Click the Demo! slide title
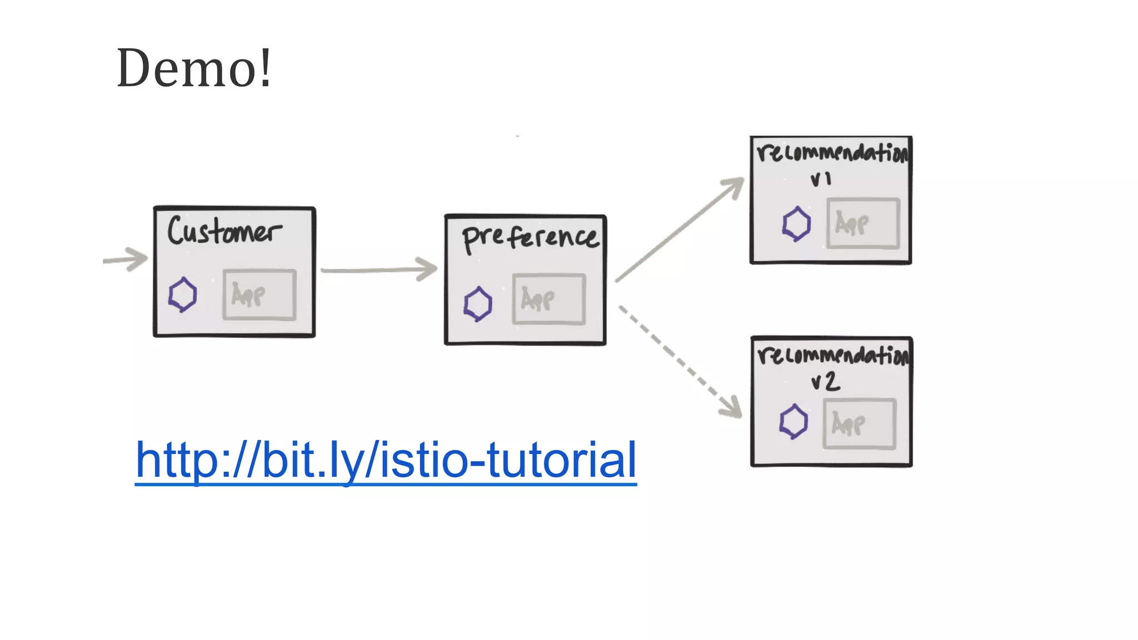194,68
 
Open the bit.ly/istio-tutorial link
386,460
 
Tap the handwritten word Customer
224,231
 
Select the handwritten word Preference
530,238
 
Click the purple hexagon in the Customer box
182,294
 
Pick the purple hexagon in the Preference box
478,304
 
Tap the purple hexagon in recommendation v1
796,224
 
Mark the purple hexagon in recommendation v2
793,422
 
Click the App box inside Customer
259,294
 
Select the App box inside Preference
548,299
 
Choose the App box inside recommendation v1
862,223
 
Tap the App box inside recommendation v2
859,424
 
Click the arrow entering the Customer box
127,259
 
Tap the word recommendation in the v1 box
832,152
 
